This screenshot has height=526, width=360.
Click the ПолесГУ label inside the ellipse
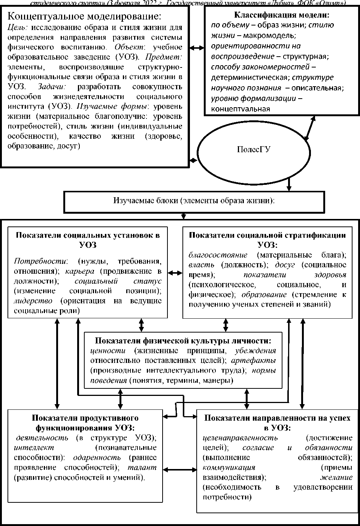(x=254, y=150)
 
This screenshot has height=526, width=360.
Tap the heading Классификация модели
(x=281, y=15)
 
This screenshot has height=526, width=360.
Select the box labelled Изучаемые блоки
(x=194, y=201)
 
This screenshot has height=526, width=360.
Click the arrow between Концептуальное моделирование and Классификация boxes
(x=197, y=48)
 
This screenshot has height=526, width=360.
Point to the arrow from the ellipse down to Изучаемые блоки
(x=289, y=184)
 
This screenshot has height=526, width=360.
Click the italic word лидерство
(x=33, y=301)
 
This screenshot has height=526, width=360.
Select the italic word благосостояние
(x=218, y=255)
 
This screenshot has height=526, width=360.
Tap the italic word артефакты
(x=254, y=361)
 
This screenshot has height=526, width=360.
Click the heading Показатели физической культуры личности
(x=183, y=341)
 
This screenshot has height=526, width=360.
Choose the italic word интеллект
(x=34, y=448)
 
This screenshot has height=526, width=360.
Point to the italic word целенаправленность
(x=240, y=438)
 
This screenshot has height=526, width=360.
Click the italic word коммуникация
(x=229, y=468)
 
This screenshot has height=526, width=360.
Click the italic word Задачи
(x=52, y=86)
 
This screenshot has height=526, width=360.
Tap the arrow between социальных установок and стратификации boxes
(x=175, y=273)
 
